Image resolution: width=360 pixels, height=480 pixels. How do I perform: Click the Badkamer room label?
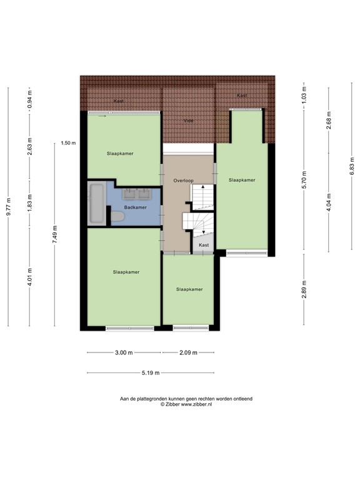[136, 207]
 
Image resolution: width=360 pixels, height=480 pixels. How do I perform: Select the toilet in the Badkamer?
[117, 216]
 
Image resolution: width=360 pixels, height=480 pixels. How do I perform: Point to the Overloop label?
[184, 181]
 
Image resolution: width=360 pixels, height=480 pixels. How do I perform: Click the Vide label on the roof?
[188, 121]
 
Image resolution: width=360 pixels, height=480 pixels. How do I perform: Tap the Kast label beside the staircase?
[204, 246]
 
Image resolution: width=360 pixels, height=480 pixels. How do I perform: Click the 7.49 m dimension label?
[54, 234]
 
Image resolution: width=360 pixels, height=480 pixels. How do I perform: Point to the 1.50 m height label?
[68, 143]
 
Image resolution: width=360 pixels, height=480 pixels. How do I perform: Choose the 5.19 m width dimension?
[150, 373]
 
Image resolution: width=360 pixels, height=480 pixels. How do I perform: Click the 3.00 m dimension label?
[124, 352]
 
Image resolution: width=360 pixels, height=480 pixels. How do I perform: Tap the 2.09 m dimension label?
[188, 352]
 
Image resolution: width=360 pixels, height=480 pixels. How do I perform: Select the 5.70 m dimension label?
[304, 180]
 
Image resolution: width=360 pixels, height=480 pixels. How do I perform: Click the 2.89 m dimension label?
[304, 289]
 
